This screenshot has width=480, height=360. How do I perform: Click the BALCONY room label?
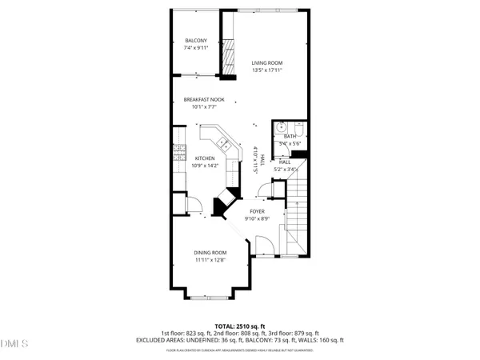196,41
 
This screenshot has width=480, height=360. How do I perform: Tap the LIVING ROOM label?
267,62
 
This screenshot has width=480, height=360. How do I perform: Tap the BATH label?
290,137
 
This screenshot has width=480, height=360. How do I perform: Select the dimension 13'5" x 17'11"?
267,70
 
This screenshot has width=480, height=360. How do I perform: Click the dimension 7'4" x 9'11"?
196,48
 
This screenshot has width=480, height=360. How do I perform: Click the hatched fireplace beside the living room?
228,56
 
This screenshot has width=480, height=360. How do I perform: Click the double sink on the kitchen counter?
226,145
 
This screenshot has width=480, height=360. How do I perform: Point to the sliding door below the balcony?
195,76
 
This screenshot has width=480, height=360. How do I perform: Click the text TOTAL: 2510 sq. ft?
239,326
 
